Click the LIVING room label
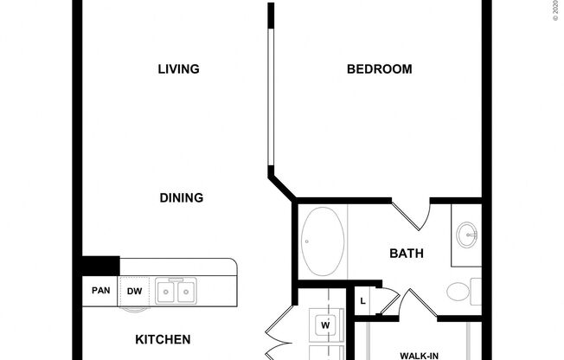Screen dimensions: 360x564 point(179,69)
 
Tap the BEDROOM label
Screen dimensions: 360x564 point(379,69)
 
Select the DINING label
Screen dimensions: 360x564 point(182,198)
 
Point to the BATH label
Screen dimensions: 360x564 point(406,254)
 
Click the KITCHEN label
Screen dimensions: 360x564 point(163,340)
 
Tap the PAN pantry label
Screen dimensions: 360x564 point(100,292)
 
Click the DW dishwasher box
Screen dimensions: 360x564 point(134,292)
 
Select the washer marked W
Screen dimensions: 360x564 point(326,325)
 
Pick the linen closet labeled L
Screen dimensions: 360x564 point(362,301)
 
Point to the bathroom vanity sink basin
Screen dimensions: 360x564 point(468,234)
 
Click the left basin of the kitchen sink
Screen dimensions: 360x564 point(166,292)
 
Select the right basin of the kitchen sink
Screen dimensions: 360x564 point(185,292)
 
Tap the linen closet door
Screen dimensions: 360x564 point(388,299)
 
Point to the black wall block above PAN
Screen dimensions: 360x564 point(101,266)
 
